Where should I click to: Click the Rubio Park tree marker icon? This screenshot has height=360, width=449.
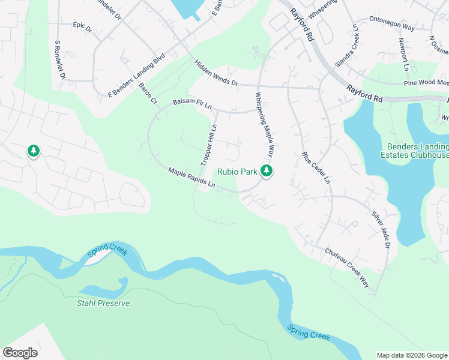coord(267,172)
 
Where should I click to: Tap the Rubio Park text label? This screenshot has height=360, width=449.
coord(237,172)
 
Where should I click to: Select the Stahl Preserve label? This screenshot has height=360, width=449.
coord(103,303)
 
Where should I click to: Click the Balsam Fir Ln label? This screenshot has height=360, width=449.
coord(193,104)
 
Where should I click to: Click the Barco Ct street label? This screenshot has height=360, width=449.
coord(148,93)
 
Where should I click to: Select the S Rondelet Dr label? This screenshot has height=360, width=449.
coord(59,61)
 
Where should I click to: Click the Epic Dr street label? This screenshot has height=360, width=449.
coord(82,28)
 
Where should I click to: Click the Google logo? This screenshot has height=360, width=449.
coord(20,353)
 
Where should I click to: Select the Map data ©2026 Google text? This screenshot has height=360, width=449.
coord(412,355)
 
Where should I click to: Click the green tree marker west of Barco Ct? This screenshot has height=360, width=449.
coord(34,151)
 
